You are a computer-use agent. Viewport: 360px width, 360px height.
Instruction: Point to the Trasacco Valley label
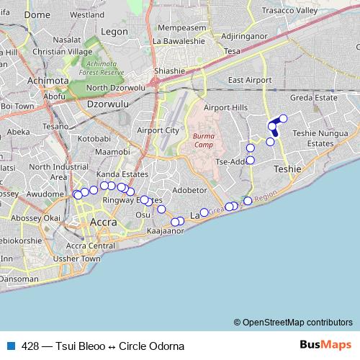309,11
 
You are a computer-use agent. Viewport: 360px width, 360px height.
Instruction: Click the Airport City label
157,130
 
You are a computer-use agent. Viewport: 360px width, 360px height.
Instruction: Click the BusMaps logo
325,346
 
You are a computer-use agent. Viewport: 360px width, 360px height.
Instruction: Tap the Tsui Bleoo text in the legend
80,346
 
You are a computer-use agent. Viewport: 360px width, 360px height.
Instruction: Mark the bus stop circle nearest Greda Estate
283,118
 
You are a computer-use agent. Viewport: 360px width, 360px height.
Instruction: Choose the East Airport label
248,80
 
